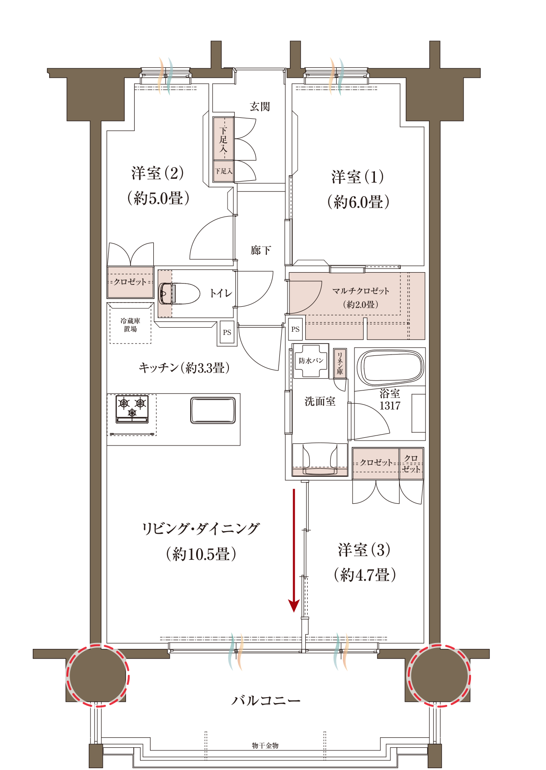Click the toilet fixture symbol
(179, 294)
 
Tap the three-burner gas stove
(132, 409)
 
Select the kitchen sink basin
(213, 410)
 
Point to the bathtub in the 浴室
(390, 367)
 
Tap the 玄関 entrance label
(260, 106)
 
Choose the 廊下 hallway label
(260, 250)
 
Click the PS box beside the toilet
(227, 333)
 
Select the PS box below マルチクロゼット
(295, 329)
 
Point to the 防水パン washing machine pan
(311, 360)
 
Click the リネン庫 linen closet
(340, 363)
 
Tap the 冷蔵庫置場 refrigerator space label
(130, 325)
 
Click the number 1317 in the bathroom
(389, 405)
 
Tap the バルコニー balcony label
(266, 700)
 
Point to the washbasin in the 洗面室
(319, 460)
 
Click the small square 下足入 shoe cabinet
(223, 171)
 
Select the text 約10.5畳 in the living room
(201, 554)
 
